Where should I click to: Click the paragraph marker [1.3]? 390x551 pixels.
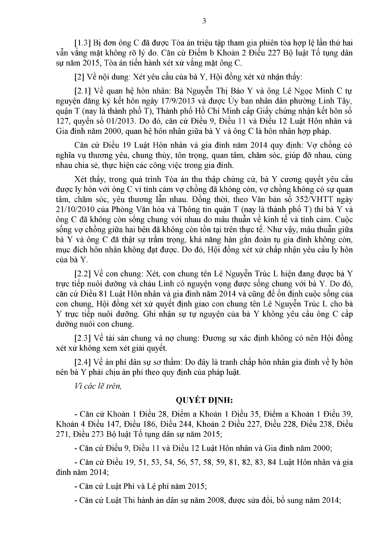pyautogui.click(x=83, y=43)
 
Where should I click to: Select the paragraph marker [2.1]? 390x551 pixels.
pyautogui.click(x=83, y=90)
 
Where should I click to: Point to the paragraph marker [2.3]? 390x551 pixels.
pyautogui.click(x=83, y=338)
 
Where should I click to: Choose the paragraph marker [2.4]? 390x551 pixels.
pyautogui.click(x=83, y=362)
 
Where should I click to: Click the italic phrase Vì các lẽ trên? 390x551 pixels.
pyautogui.click(x=98, y=386)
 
